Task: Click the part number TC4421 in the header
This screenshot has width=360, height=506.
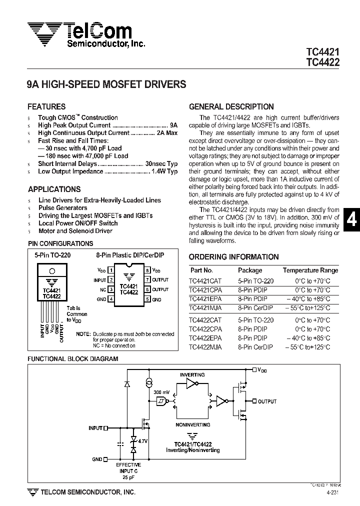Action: point(322,52)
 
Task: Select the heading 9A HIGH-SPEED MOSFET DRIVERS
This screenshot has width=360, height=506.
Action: point(106,85)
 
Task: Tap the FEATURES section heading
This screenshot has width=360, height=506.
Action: point(46,106)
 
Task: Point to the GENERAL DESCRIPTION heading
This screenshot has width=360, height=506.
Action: point(231,106)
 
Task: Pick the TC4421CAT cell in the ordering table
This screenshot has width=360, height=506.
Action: point(205,281)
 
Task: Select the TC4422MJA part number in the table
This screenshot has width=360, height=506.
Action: point(205,347)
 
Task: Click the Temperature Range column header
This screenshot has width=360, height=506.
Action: point(310,270)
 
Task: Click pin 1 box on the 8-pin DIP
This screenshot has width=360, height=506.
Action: point(110,270)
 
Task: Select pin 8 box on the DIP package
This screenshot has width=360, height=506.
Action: point(148,270)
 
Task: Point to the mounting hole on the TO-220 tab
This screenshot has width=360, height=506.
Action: point(52,272)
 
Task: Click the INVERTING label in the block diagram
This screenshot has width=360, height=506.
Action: point(192,374)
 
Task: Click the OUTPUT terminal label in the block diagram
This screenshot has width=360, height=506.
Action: point(267,401)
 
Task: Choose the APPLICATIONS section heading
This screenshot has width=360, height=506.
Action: point(54,189)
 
